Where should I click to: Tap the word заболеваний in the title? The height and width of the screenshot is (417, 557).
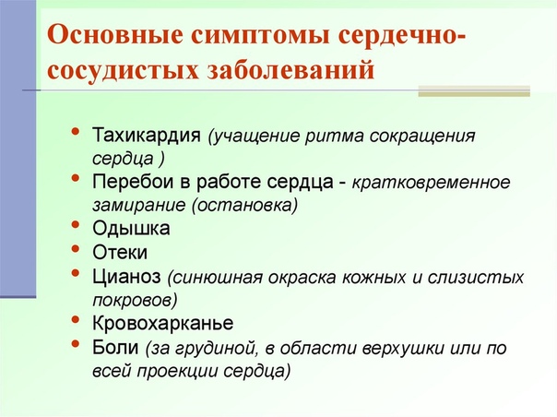[290, 70]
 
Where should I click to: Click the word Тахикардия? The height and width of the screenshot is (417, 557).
[147, 135]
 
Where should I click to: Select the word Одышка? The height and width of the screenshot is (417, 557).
[131, 229]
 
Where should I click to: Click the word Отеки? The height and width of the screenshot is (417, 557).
[120, 253]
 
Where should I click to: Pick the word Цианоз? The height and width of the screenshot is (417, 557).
[126, 277]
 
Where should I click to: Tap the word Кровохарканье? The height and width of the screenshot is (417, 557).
[163, 323]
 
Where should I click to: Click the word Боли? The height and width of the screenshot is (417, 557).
[115, 347]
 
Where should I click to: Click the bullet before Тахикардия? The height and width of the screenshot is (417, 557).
[76, 131]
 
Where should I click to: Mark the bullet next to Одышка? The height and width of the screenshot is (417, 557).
[76, 225]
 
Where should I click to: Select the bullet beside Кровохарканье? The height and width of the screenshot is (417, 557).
[76, 319]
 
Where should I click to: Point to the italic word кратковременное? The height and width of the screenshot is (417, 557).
[431, 183]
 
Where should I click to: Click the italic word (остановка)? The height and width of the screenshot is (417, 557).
[244, 206]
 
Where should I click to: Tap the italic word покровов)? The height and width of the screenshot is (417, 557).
[135, 301]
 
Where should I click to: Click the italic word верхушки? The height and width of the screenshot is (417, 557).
[403, 349]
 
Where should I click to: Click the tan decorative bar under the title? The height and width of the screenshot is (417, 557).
[474, 91]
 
